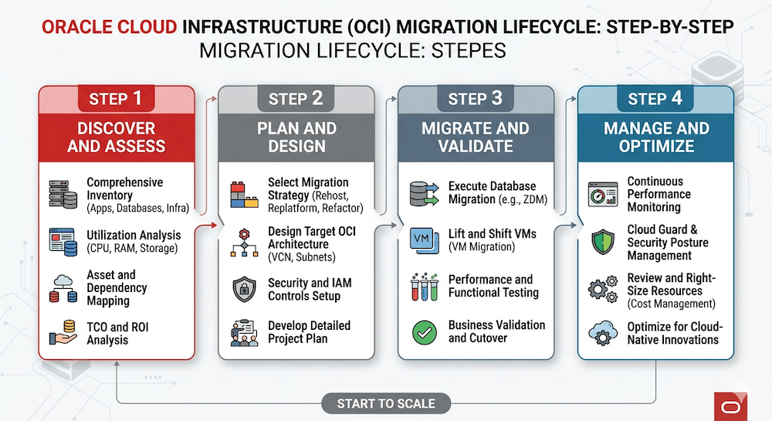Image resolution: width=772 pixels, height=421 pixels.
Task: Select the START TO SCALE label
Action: [x=386, y=402]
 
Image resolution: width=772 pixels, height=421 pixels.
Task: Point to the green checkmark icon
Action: [x=425, y=333]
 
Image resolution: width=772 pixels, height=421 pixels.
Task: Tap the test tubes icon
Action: [x=424, y=286]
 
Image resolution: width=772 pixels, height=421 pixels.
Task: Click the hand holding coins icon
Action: [x=63, y=333]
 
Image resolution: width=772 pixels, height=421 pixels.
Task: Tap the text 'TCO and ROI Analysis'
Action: [x=118, y=333]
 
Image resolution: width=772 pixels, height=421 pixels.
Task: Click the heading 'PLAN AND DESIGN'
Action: [x=296, y=138]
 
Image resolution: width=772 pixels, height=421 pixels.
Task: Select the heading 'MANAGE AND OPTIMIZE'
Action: [x=655, y=138]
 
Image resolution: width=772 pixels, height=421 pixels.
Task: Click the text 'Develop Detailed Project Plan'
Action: [x=309, y=332]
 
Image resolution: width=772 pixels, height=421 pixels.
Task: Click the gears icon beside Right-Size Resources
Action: [x=602, y=288]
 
